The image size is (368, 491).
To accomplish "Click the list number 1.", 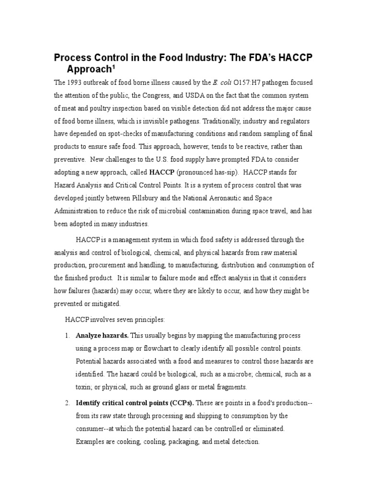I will [x=67, y=335].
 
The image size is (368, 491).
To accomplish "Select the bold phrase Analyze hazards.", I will [x=102, y=335].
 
